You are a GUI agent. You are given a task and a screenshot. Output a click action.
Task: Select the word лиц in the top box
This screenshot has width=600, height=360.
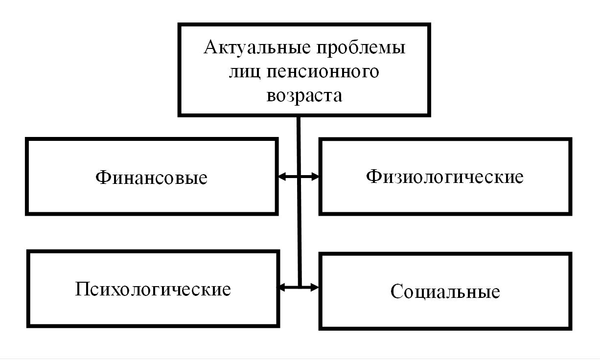point(244,72)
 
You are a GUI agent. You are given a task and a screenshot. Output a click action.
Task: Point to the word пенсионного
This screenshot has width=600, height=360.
point(323,71)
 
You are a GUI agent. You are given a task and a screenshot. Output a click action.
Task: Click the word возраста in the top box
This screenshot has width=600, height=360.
point(304,96)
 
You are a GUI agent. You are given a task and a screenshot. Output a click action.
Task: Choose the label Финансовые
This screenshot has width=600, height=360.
point(151,178)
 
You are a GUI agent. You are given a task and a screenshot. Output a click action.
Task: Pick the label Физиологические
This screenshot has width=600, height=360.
point(445,177)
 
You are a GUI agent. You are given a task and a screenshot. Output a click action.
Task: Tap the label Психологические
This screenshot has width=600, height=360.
point(153,289)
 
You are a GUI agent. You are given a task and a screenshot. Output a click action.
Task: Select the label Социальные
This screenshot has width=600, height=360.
point(445,291)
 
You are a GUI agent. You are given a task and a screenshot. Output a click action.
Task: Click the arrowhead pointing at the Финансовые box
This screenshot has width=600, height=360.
point(282,177)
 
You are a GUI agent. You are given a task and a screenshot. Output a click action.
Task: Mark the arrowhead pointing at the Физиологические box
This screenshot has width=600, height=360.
point(315,177)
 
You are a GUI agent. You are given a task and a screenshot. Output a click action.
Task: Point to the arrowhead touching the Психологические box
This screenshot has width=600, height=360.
point(281,288)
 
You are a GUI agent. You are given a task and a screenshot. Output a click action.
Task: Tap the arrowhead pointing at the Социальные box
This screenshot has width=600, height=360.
point(315,288)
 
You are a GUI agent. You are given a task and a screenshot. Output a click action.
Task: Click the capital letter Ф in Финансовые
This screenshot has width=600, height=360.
point(104,178)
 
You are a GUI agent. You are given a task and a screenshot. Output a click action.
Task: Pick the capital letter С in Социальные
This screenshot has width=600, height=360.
point(397,291)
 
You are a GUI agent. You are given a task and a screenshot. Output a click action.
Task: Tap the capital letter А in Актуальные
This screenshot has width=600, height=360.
point(212,47)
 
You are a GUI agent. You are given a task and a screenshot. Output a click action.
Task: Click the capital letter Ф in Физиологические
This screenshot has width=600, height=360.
point(374,177)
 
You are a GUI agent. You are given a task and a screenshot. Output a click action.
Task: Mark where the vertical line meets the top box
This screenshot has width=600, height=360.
point(299,117)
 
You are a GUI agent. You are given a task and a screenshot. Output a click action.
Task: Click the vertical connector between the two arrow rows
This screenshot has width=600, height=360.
point(299,232)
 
